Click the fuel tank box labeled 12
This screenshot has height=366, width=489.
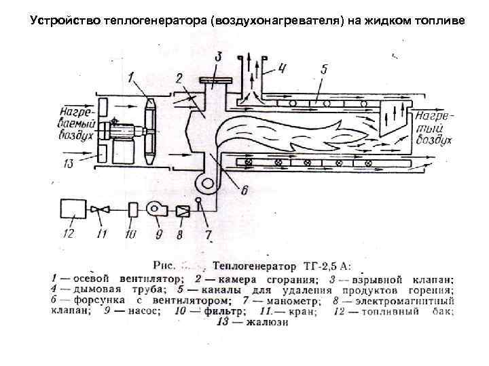pos(74,209)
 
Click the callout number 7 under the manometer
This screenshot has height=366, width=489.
pos(209,235)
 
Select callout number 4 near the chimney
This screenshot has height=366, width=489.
pos(283,68)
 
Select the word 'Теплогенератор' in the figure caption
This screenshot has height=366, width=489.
pos(253,265)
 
